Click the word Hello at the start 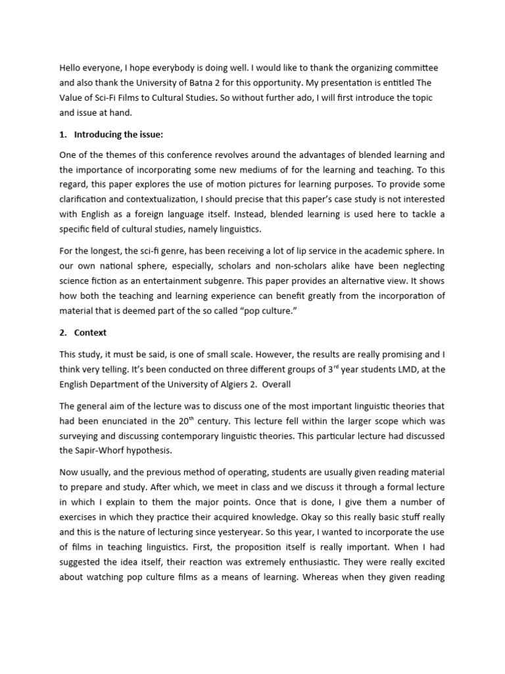[72, 68]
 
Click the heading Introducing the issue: [118, 135]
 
